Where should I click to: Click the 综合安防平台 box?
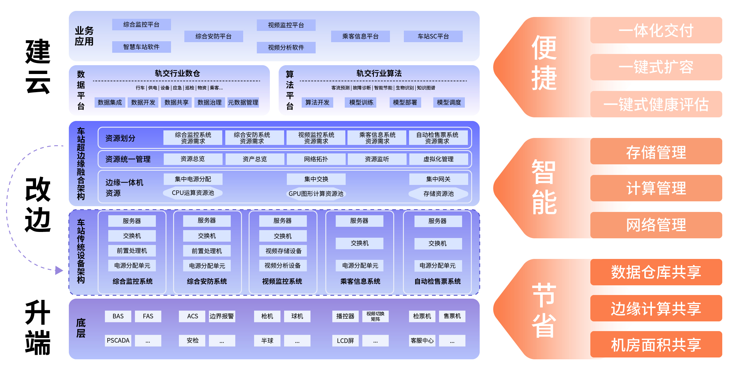click(x=213, y=36)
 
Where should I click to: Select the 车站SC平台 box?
click(x=433, y=36)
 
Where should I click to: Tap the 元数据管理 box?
click(x=243, y=102)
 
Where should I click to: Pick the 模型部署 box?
click(x=405, y=102)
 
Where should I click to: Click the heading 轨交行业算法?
click(x=379, y=73)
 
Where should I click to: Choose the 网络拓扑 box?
click(x=316, y=159)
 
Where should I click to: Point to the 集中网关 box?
click(x=438, y=179)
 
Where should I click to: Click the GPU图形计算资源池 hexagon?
click(x=316, y=193)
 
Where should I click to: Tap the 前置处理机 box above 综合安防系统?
click(x=207, y=251)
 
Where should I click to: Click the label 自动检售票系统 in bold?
click(x=438, y=281)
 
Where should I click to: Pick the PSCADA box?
click(x=118, y=340)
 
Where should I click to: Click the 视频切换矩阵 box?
click(x=375, y=316)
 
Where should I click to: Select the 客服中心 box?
click(x=422, y=340)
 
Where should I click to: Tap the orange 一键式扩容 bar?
click(x=656, y=67)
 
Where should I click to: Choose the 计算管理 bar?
click(x=656, y=188)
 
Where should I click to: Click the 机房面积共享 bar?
click(x=656, y=345)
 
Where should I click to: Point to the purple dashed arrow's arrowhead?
click(x=59, y=270)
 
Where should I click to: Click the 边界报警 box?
click(x=222, y=316)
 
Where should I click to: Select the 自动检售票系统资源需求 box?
click(x=437, y=138)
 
